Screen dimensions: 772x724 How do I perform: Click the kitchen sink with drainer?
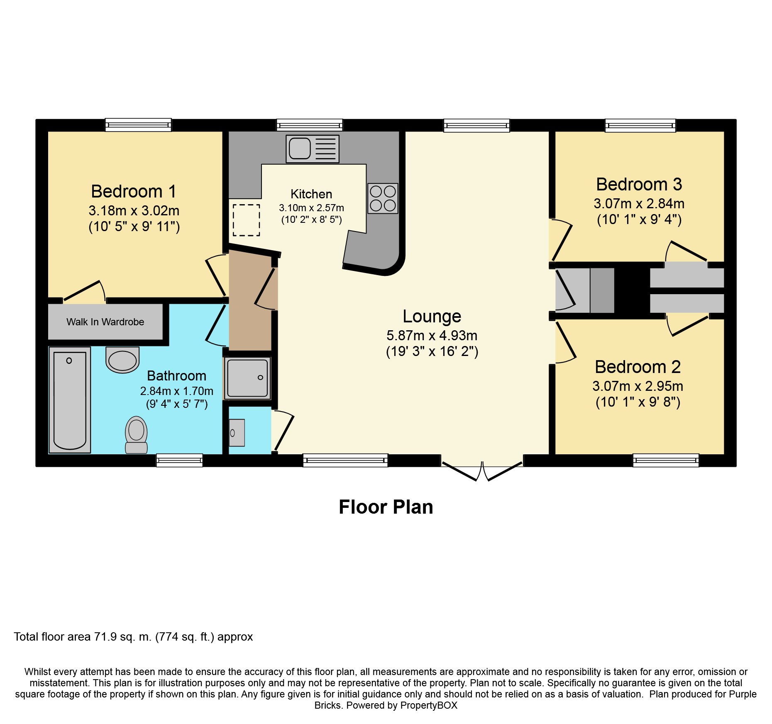(313, 149)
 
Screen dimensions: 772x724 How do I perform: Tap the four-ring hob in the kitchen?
(383, 198)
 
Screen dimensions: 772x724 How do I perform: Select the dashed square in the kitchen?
(246, 220)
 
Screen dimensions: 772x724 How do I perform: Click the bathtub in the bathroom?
(70, 400)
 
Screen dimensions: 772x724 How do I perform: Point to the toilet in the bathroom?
(136, 435)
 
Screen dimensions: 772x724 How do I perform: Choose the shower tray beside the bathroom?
(247, 378)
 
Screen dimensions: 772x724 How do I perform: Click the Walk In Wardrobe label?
(105, 322)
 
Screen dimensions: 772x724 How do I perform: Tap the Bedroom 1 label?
(134, 191)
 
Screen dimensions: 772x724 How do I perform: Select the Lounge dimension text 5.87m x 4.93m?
(432, 335)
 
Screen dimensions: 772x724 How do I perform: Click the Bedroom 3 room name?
(639, 184)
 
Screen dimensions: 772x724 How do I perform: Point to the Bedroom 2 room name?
(638, 367)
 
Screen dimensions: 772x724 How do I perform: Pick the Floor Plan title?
(386, 507)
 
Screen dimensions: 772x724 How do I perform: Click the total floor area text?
(133, 637)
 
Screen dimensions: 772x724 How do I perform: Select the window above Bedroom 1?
(138, 125)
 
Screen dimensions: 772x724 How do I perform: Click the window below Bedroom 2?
(666, 460)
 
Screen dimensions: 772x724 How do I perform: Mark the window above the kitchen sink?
(310, 125)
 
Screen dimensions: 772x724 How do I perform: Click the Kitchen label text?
(311, 194)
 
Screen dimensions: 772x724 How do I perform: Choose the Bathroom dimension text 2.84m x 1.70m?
(177, 391)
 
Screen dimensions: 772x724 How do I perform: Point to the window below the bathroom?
(179, 460)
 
